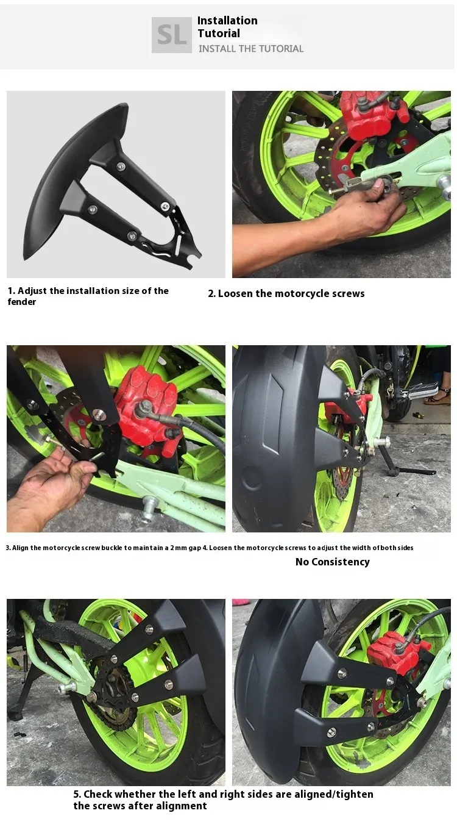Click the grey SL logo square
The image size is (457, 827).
(171, 35)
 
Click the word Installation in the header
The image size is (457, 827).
(227, 20)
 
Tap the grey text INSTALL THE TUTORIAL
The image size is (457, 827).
(251, 49)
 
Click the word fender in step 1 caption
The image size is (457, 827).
(22, 302)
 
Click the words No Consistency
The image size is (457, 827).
(332, 562)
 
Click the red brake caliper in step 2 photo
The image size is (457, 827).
(370, 115)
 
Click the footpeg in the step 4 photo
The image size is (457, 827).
(420, 392)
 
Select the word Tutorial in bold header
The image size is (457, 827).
(219, 33)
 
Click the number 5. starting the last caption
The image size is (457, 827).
(77, 794)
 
